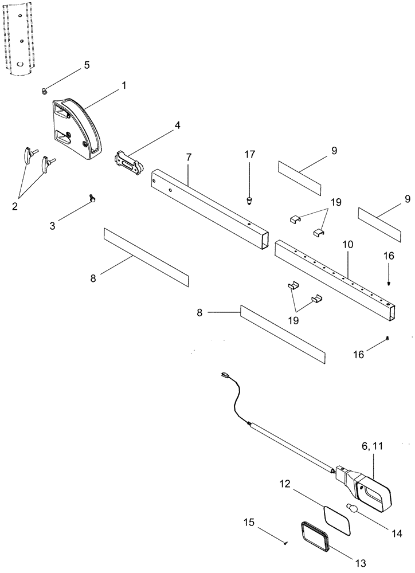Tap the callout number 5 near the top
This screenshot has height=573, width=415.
pos(87,65)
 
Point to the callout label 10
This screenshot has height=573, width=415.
pos(348,245)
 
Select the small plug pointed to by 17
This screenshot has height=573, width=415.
pos(250,199)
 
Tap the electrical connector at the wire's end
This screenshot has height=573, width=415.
pos(225,376)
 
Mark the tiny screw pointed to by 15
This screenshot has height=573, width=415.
pos(285,541)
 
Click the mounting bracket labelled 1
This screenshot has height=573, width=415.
pos(77,129)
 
